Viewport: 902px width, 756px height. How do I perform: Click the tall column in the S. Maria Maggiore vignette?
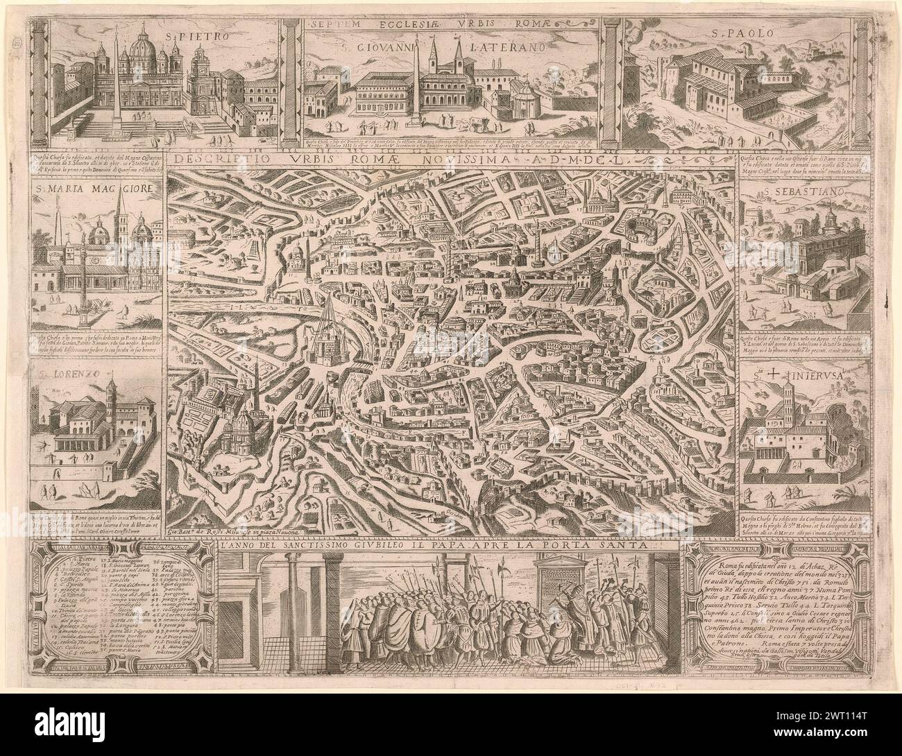[x=85, y=277]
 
